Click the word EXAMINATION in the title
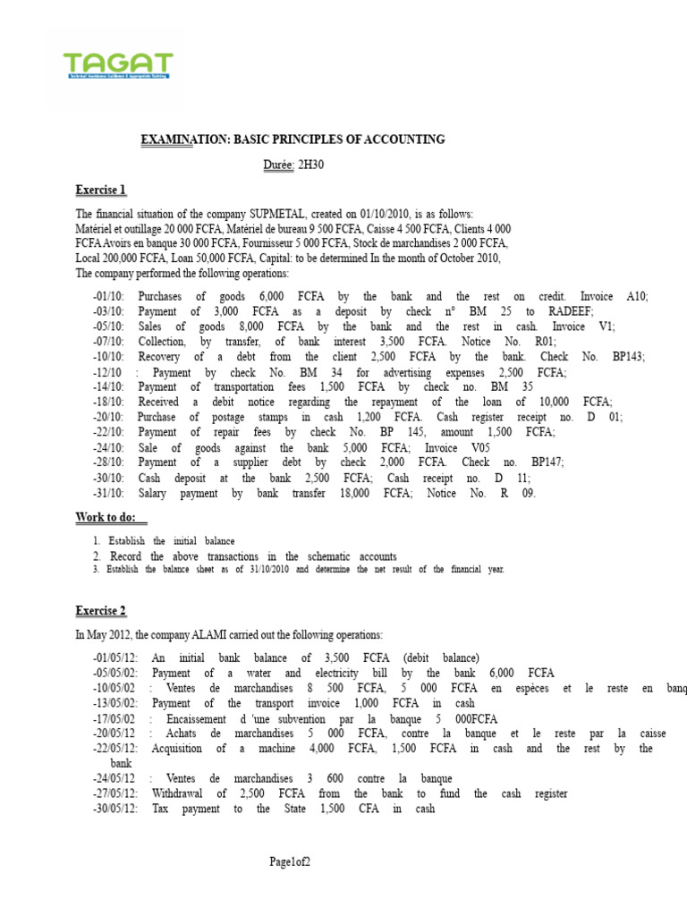tap(184, 140)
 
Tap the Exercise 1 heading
tap(101, 191)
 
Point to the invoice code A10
tap(634, 296)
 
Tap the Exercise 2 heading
tap(101, 611)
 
